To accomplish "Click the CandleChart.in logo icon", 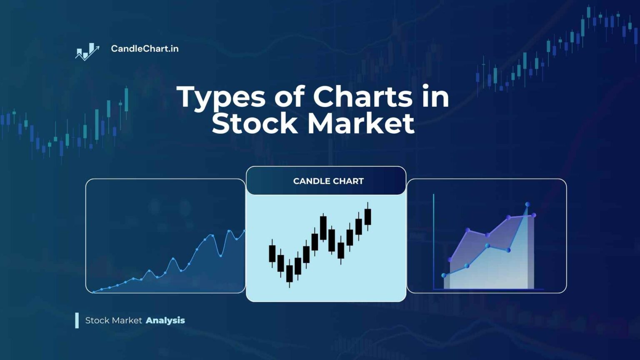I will tap(87, 52).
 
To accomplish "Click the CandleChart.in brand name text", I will tap(145, 49).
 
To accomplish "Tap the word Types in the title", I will tap(221, 97).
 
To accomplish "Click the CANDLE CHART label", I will tap(328, 181).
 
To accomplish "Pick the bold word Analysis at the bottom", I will tap(165, 320).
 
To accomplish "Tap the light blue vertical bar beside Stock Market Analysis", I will tap(77, 320).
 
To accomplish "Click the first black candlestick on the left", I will tap(272, 253).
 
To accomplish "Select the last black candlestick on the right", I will tap(367, 217).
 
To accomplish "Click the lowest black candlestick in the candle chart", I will tap(290, 273).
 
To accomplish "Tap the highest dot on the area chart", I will tap(527, 204).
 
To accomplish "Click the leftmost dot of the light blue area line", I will tap(444, 275).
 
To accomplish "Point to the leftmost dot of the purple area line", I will tap(450, 260).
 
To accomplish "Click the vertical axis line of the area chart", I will tap(434, 242).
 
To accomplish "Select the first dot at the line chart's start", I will tap(94, 292).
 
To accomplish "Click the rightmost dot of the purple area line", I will tap(534, 215).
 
